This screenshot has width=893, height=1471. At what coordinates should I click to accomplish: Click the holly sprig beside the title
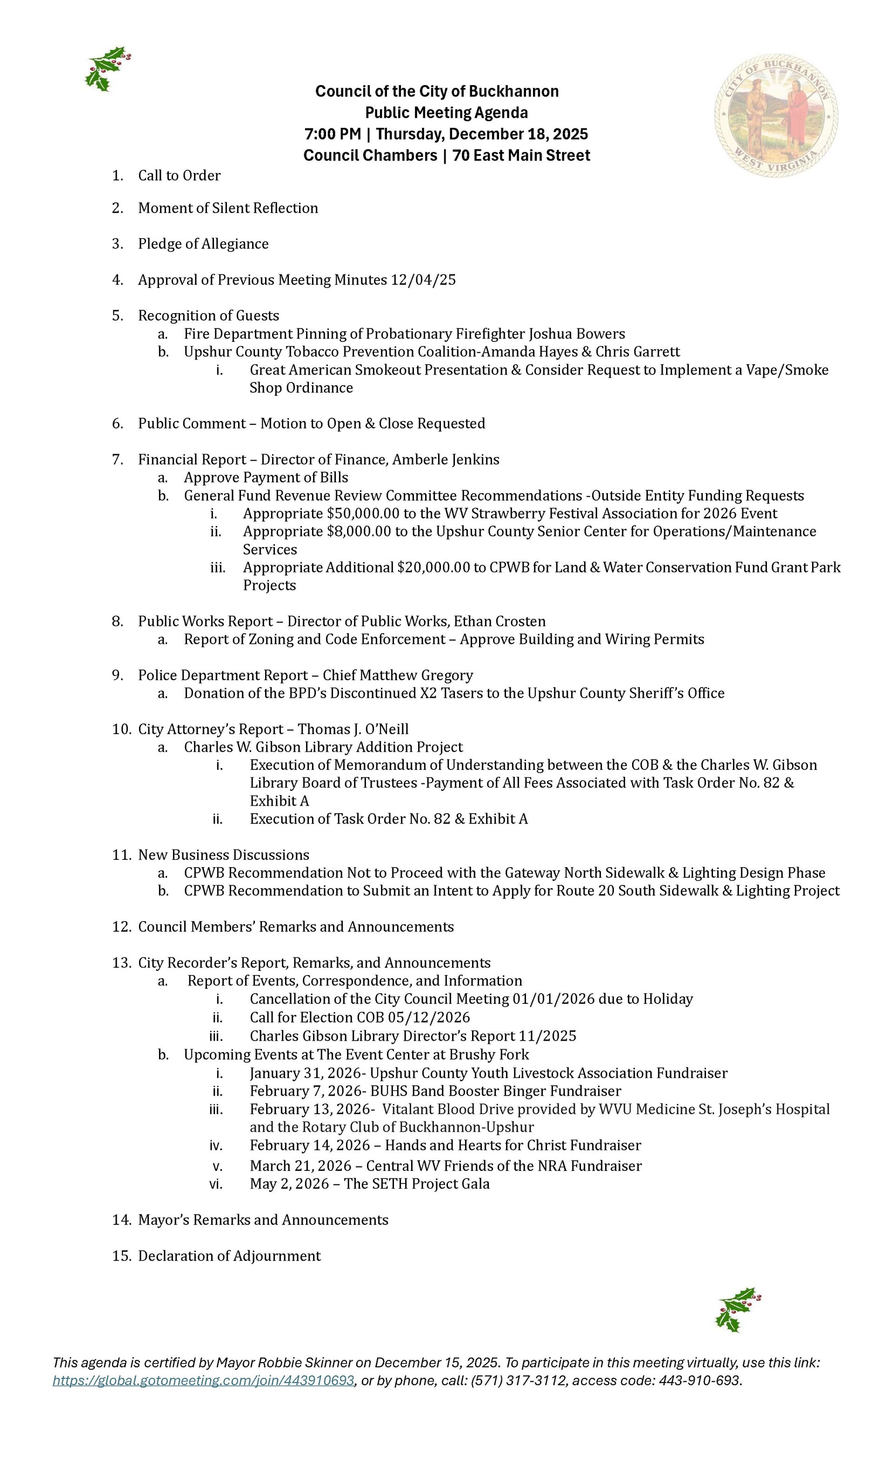(x=108, y=69)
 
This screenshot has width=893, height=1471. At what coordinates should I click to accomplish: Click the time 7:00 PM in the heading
(x=332, y=134)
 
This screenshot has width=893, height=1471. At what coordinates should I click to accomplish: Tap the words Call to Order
(x=179, y=175)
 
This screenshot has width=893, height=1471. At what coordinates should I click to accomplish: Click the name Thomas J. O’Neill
(x=353, y=729)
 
